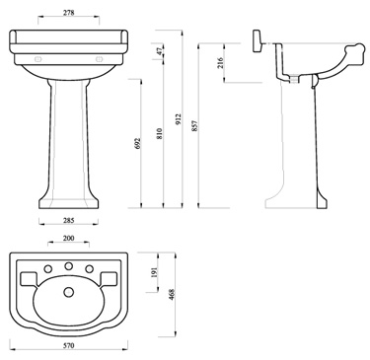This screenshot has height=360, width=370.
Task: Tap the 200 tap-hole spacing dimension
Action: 69,238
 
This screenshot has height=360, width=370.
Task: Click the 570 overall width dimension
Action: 69,346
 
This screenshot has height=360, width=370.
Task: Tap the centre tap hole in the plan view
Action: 70,266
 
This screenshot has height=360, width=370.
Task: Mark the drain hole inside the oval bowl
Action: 70,292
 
